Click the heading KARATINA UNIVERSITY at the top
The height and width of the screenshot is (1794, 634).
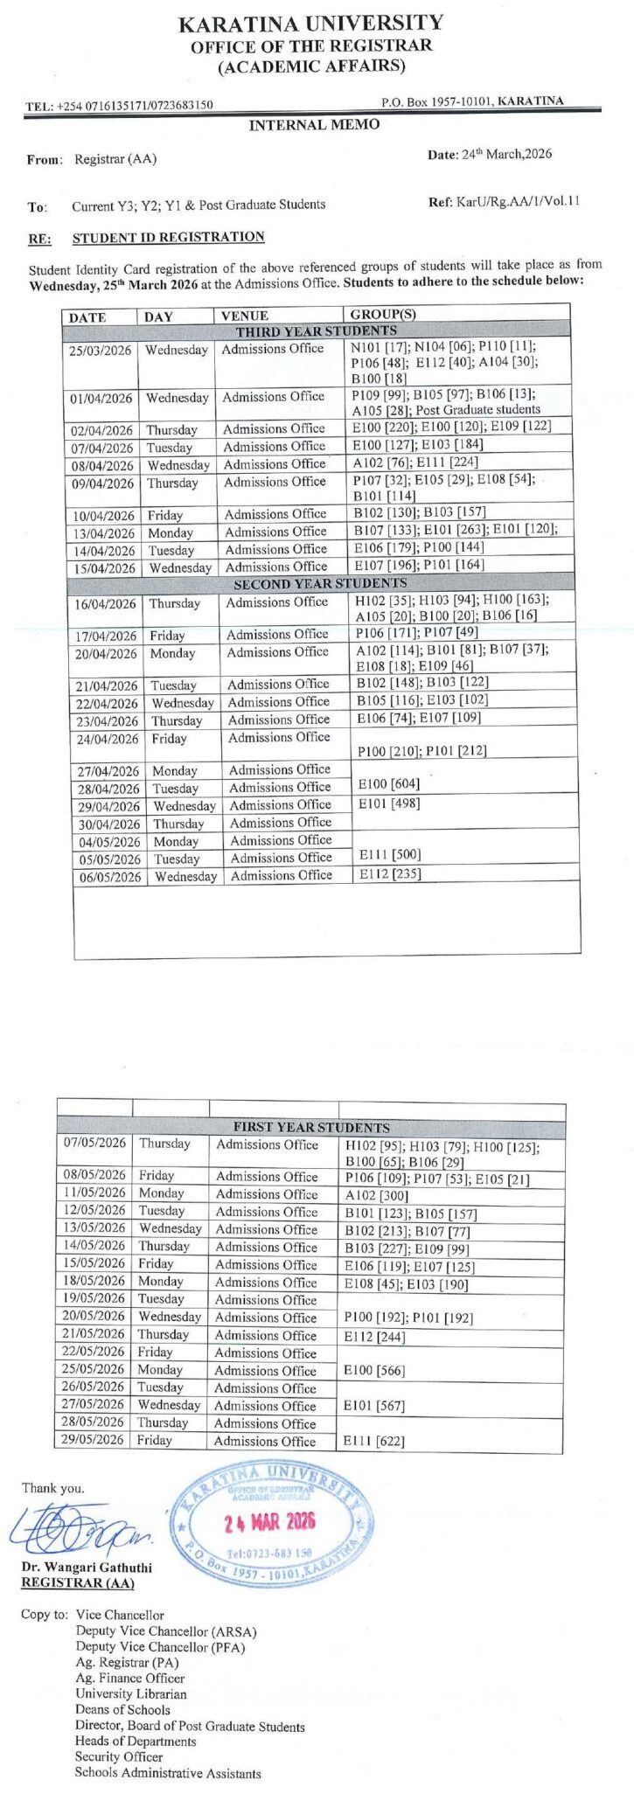pos(311,24)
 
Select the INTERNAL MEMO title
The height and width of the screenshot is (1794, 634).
pos(314,125)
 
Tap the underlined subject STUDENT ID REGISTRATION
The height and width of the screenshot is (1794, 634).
pos(168,237)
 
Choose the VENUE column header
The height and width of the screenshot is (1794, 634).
pos(245,316)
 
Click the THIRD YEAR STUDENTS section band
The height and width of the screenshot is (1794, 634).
pos(316,331)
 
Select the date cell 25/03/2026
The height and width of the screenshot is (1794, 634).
pos(101,351)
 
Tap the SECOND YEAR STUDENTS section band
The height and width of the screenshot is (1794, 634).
pos(319,583)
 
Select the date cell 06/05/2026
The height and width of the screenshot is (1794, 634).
pos(107,877)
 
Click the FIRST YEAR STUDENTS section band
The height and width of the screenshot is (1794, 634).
pos(311,1128)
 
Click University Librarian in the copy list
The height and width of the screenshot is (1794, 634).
pos(130,1693)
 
